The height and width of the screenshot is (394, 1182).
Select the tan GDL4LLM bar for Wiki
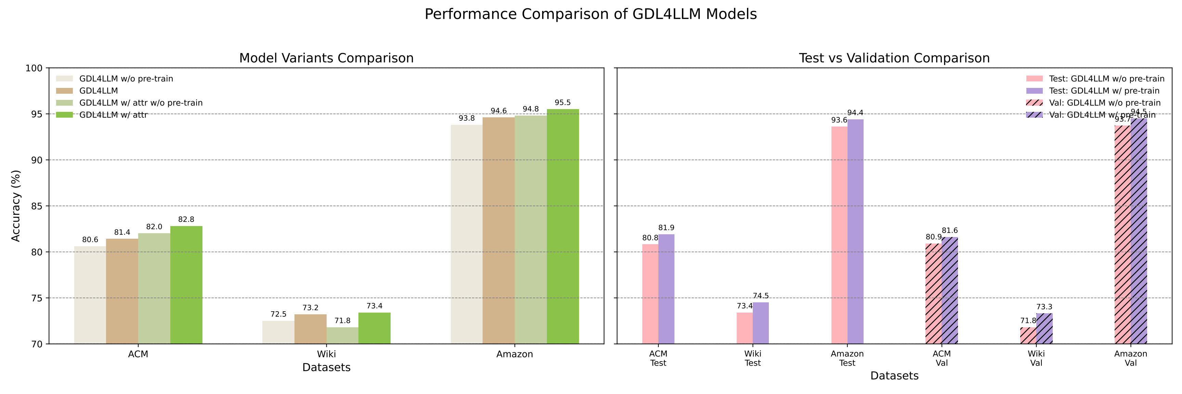click(x=310, y=329)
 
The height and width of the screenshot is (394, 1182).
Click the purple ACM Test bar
click(x=666, y=289)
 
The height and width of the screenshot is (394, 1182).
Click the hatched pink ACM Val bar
click(x=933, y=293)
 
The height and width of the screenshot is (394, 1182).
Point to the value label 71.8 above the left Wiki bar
click(x=342, y=320)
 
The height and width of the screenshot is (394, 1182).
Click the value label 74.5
click(x=761, y=296)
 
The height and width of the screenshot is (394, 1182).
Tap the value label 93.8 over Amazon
click(x=466, y=118)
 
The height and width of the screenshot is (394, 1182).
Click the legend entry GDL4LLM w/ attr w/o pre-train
click(x=141, y=103)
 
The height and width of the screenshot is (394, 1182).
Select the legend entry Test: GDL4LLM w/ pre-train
click(x=1104, y=91)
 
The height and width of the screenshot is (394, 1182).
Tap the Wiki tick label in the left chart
click(x=326, y=354)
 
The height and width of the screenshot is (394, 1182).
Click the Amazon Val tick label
click(x=1131, y=358)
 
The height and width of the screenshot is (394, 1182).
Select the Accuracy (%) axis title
click(x=16, y=206)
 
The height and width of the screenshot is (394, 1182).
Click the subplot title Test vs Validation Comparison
click(x=894, y=58)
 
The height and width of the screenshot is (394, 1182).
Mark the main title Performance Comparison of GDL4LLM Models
click(x=591, y=14)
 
